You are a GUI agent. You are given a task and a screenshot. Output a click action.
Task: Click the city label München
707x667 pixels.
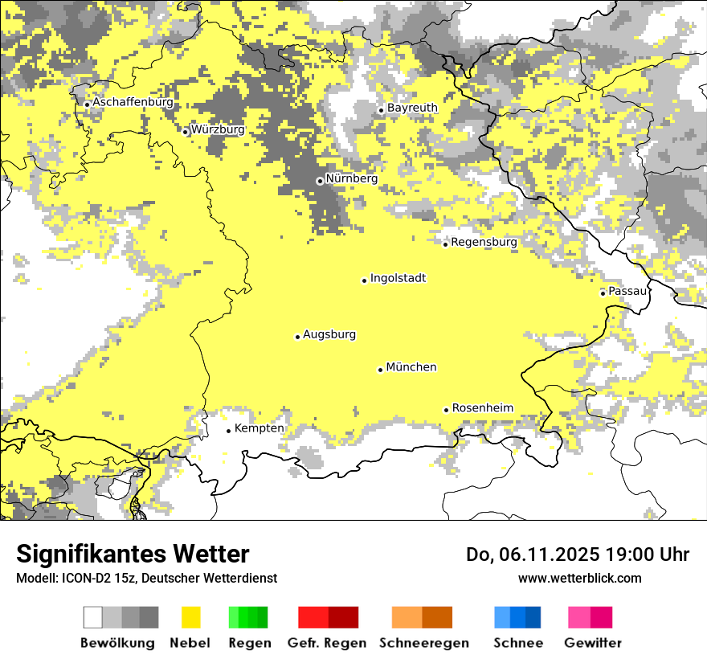click(411, 367)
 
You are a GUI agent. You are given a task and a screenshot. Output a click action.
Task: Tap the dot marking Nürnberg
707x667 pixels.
click(320, 181)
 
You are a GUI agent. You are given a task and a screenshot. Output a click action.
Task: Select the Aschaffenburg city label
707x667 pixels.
click(133, 103)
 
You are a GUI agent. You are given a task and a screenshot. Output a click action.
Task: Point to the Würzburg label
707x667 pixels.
click(218, 129)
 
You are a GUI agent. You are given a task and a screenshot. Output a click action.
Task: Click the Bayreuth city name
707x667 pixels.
click(412, 108)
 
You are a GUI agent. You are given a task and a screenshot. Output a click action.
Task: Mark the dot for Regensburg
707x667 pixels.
click(446, 243)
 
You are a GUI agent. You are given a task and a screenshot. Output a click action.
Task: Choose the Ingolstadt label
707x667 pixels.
click(398, 278)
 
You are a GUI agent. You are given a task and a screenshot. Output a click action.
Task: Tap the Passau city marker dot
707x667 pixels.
click(603, 293)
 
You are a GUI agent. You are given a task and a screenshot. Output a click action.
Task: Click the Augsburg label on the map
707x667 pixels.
click(329, 334)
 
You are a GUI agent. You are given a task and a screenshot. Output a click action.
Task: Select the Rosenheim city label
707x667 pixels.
click(482, 408)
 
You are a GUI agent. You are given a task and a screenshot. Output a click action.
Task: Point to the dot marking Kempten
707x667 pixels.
click(229, 431)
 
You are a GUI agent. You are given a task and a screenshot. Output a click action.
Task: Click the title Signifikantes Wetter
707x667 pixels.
click(133, 554)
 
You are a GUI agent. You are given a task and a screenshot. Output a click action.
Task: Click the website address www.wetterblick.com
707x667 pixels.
click(579, 578)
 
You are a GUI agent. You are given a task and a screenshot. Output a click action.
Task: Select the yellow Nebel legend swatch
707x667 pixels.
click(191, 617)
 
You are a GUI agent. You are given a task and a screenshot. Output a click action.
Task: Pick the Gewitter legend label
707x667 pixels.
click(593, 643)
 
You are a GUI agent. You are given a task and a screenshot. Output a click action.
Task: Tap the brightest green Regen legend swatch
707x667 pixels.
click(234, 617)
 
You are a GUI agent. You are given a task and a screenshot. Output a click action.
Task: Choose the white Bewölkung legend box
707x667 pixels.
click(93, 617)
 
